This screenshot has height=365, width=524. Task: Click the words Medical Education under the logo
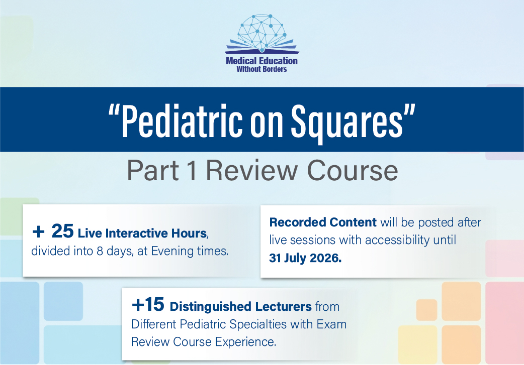(261, 61)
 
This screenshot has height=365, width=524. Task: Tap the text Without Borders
(261, 69)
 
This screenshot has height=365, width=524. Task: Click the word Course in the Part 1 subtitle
(352, 171)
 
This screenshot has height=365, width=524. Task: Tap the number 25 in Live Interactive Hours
(63, 232)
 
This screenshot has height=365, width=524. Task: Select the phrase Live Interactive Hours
(142, 233)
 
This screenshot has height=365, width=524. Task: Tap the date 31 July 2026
(305, 259)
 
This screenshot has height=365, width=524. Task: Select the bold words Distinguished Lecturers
(241, 306)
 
